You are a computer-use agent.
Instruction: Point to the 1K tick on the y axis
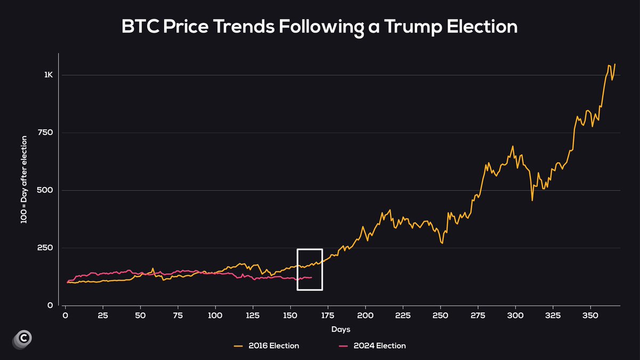(49, 75)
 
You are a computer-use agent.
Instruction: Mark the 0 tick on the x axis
(65, 315)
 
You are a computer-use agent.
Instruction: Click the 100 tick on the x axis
(215, 315)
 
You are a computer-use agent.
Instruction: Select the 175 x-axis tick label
(328, 315)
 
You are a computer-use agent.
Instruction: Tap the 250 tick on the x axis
(441, 315)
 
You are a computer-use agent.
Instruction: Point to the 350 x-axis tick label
(590, 315)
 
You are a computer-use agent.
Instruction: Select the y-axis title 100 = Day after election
(24, 180)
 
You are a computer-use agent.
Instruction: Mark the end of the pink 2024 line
(311, 277)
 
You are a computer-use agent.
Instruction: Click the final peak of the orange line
(615, 64)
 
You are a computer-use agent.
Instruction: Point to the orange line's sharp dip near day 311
(532, 201)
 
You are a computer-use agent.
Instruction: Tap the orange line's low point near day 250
(442, 244)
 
